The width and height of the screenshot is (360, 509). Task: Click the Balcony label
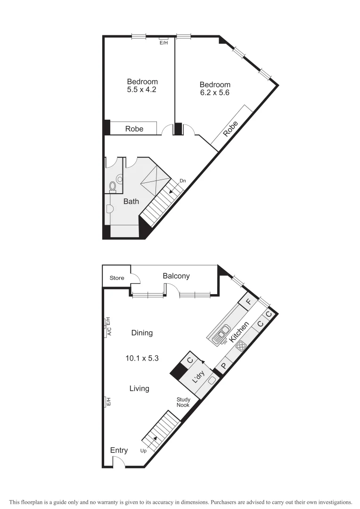[x=176, y=276]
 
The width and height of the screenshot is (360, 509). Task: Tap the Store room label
[x=117, y=278]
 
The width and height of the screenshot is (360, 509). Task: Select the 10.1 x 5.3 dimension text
[x=142, y=358]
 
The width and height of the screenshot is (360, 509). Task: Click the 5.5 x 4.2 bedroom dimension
[x=142, y=89]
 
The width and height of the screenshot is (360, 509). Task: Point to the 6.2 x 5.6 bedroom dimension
[x=214, y=93]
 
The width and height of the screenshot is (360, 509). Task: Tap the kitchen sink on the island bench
[x=221, y=333]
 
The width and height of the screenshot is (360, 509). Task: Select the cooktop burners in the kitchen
[x=241, y=347]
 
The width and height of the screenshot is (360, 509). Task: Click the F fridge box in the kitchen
[x=248, y=300]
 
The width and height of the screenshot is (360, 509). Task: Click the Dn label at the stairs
[x=182, y=181]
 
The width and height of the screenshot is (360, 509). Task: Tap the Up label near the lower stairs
[x=144, y=451]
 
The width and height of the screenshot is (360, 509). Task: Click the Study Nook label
[x=183, y=402]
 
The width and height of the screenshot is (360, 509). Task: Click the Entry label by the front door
[x=119, y=451]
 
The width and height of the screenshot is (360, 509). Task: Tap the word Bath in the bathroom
[x=131, y=201]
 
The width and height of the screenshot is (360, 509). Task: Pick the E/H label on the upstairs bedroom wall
[x=164, y=43]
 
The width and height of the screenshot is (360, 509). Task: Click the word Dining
[x=142, y=333]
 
